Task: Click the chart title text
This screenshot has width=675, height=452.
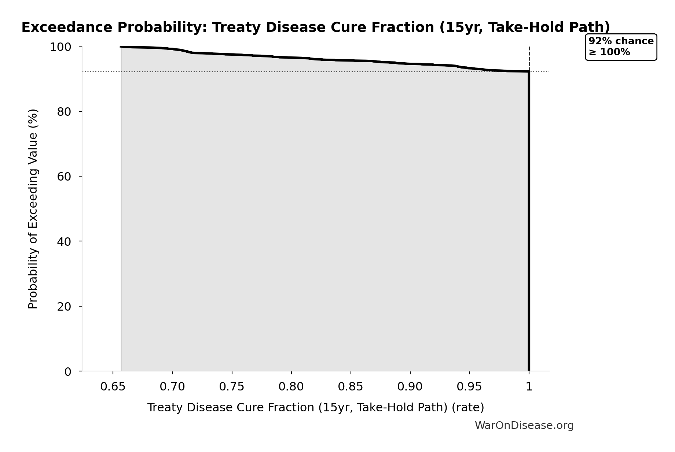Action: point(316,27)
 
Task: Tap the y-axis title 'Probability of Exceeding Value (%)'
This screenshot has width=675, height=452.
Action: point(33,209)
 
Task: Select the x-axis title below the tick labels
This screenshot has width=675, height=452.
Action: point(316,407)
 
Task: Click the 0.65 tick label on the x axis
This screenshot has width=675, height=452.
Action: point(113,387)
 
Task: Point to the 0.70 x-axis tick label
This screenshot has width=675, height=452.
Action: point(172,387)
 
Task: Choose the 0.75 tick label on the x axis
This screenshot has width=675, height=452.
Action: point(232,387)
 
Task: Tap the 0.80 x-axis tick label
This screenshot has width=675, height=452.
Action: point(291,387)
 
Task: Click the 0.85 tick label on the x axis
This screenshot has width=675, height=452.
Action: point(351,387)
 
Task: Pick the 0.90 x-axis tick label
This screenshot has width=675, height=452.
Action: point(410,387)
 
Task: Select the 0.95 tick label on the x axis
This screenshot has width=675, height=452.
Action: point(469,387)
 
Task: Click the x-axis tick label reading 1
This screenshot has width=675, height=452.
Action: point(529,387)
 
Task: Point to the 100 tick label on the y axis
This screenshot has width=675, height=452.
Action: point(60,47)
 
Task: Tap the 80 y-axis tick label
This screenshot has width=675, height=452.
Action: point(64,112)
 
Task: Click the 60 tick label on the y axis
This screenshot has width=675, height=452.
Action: point(64,177)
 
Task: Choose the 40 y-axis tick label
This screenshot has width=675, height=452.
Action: point(64,241)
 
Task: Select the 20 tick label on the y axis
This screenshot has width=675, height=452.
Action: point(64,307)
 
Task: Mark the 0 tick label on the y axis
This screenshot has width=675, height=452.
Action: point(68,371)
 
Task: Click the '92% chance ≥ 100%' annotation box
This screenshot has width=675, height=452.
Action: point(621,47)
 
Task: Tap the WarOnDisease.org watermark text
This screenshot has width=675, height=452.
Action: point(524,425)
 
